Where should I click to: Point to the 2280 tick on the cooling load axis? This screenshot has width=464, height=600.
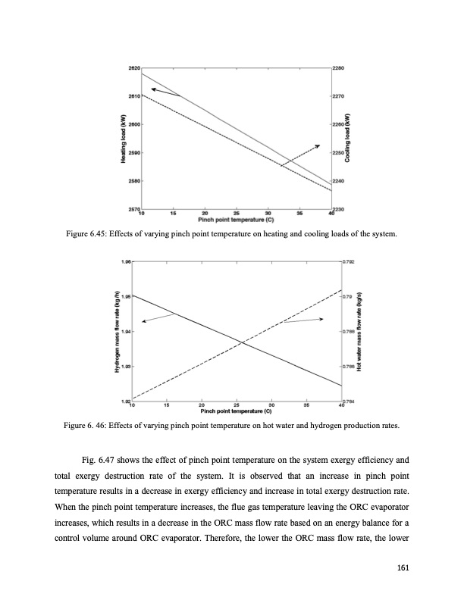click(340, 68)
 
